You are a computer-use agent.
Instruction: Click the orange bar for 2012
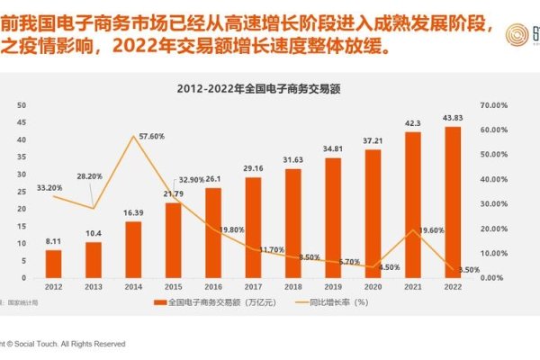coord(54,264)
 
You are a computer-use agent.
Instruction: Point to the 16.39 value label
coord(133,212)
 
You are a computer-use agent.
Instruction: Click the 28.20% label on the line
coord(89,176)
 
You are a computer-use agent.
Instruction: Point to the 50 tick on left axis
coord(22,106)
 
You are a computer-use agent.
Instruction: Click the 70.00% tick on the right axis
coord(493,106)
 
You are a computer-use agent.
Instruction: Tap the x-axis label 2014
coord(133,287)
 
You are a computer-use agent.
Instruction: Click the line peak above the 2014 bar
coord(133,136)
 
